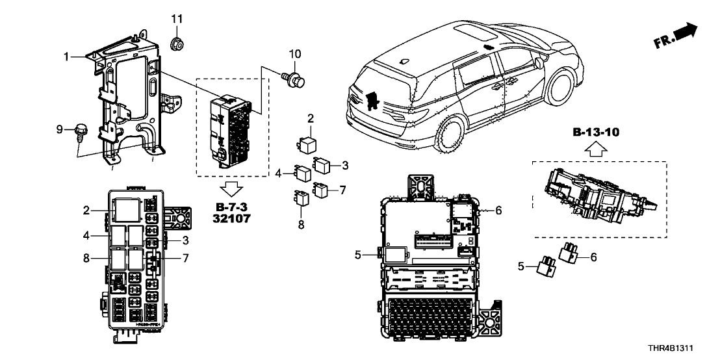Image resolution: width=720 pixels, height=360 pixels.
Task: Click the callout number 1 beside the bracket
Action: pyautogui.click(x=66, y=57)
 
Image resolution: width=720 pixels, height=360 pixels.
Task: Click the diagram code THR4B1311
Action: pyautogui.click(x=677, y=348)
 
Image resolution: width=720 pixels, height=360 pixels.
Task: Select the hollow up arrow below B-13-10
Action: pyautogui.click(x=596, y=151)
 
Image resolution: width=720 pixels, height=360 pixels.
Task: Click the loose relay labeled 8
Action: pyautogui.click(x=301, y=196)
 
